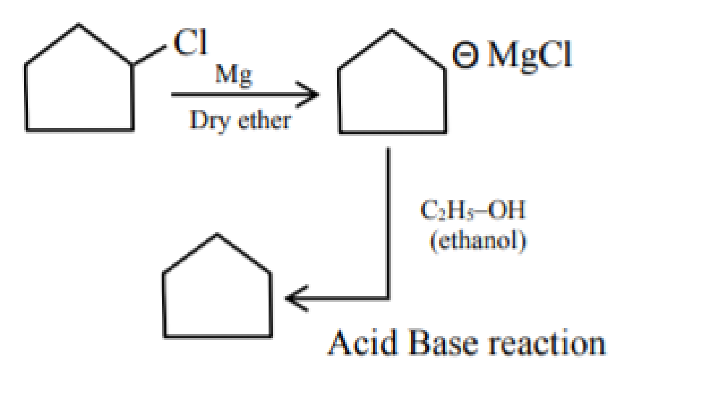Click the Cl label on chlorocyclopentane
190,42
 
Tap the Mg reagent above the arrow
234,75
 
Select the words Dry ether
240,122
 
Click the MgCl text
530,56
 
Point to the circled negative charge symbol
465,54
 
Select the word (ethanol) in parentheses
478,242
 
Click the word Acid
363,343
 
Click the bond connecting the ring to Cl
149,55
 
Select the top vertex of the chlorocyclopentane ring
79,24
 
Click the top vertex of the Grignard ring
392,30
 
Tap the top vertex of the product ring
217,234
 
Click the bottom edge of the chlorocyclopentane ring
80,130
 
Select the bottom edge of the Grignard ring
393,132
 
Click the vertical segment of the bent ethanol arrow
388,223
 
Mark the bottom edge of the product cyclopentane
218,336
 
